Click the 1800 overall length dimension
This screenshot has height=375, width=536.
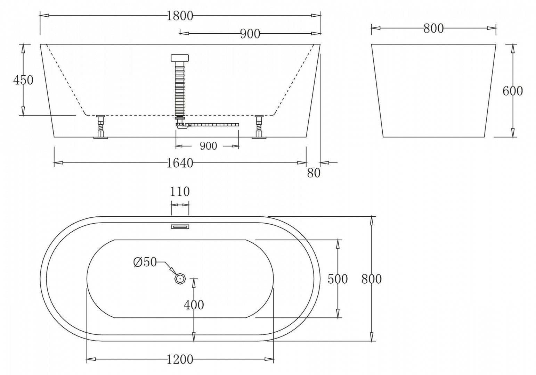[179, 16]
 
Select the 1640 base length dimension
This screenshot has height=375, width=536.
[179, 163]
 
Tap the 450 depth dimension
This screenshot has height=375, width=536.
[23, 80]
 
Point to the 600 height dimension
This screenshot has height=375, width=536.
[513, 91]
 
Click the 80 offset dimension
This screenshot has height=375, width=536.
[314, 173]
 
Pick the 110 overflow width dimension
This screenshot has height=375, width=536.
[180, 192]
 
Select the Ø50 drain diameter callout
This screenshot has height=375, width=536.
[145, 262]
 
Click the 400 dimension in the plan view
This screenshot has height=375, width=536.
[194, 305]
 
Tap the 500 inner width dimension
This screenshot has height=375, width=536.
[338, 279]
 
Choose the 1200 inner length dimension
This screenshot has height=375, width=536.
[180, 359]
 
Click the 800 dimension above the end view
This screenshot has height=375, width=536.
[433, 28]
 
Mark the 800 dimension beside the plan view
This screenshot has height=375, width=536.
[371, 279]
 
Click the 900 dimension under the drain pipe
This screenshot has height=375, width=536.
[208, 146]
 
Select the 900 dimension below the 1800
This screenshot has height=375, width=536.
[250, 34]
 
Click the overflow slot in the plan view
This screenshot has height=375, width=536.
[180, 227]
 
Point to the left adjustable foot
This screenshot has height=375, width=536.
[101, 127]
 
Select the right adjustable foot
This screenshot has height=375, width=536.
[259, 127]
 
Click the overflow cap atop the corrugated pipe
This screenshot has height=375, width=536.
[180, 58]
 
